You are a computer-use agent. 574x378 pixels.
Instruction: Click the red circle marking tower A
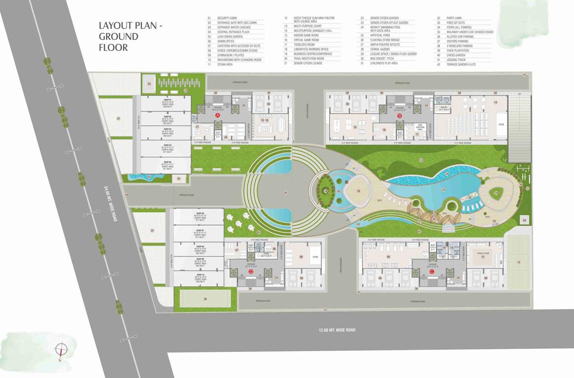click(x=218, y=115)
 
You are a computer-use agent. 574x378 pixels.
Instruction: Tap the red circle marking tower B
click(x=400, y=116)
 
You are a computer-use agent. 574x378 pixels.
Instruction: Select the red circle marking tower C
click(x=432, y=271)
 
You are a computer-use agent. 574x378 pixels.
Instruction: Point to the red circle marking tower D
click(x=251, y=271)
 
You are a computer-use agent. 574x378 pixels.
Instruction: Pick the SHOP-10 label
click(x=200, y=275)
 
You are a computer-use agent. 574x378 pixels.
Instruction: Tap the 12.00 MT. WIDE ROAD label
click(x=337, y=330)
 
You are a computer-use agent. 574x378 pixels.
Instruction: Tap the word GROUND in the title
click(x=119, y=36)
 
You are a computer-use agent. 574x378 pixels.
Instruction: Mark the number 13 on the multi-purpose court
click(x=518, y=262)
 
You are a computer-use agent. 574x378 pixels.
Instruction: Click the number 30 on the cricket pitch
click(x=205, y=298)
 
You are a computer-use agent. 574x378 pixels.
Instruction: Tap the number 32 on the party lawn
click(x=421, y=160)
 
